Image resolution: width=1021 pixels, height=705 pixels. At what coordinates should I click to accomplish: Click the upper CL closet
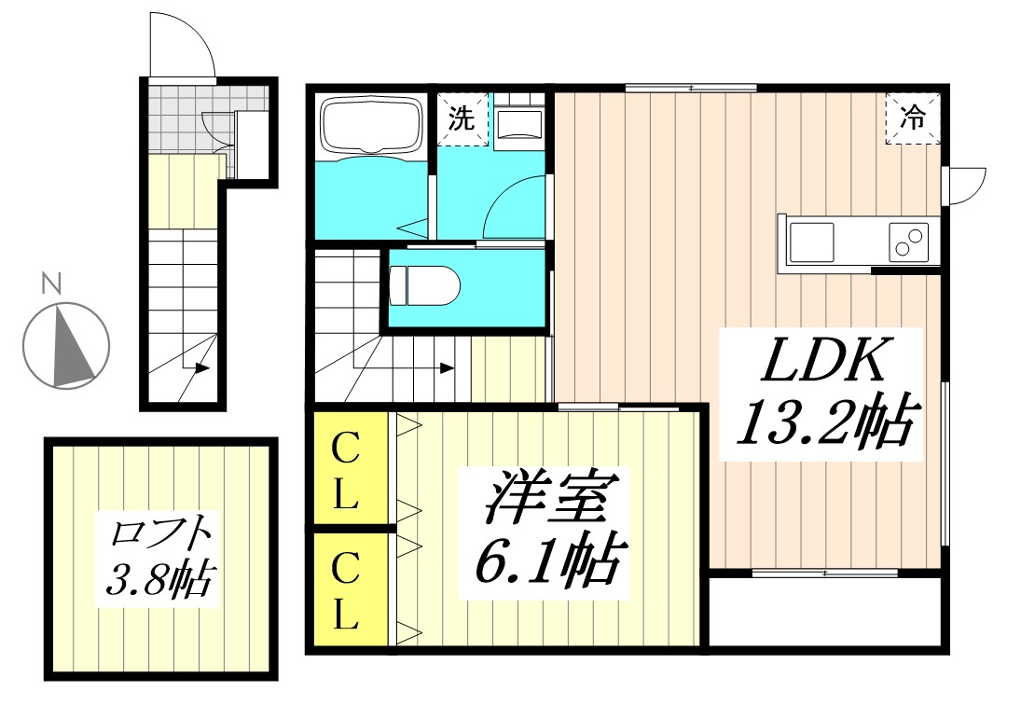[346, 471]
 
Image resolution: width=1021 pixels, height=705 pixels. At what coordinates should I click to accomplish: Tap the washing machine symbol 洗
[462, 119]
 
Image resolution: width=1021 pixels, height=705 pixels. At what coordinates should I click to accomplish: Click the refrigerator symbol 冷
[912, 119]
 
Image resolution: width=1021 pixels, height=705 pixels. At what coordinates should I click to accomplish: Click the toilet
[423, 285]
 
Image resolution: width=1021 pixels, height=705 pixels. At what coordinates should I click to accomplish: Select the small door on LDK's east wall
[965, 185]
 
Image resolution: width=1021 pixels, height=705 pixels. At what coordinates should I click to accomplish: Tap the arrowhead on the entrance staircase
[201, 368]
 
